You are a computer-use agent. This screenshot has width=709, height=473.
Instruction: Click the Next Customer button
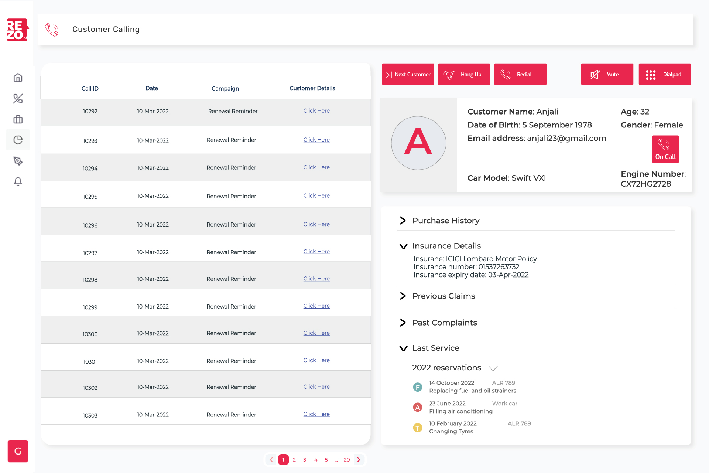click(408, 74)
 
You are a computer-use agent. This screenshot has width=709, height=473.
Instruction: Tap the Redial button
click(520, 74)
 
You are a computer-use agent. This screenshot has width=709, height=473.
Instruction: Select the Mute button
click(607, 74)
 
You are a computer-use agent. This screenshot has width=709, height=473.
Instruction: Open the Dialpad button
click(664, 74)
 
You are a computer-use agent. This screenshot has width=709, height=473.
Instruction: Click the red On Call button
click(665, 149)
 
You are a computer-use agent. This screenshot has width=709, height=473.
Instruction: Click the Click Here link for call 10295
click(316, 196)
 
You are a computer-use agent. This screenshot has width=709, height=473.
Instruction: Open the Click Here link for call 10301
click(316, 360)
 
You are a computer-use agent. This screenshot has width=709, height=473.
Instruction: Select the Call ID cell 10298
click(90, 280)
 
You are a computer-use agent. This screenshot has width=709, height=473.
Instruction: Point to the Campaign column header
click(225, 88)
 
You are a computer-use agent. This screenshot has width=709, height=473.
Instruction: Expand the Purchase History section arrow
click(403, 221)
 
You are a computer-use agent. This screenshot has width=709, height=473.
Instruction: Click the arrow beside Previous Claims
click(403, 296)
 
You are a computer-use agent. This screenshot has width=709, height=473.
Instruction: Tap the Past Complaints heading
click(445, 323)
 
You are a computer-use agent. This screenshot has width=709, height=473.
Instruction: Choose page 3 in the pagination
click(305, 460)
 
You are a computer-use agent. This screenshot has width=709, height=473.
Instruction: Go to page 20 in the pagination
click(346, 460)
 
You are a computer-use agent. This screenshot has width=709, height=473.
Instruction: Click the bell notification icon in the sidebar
click(18, 181)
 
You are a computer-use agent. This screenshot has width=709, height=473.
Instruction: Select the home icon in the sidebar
click(18, 78)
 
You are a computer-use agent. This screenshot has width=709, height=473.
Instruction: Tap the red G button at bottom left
click(18, 451)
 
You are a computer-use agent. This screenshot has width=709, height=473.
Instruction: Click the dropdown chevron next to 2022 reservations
click(493, 368)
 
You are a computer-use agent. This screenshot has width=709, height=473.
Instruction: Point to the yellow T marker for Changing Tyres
click(417, 428)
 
